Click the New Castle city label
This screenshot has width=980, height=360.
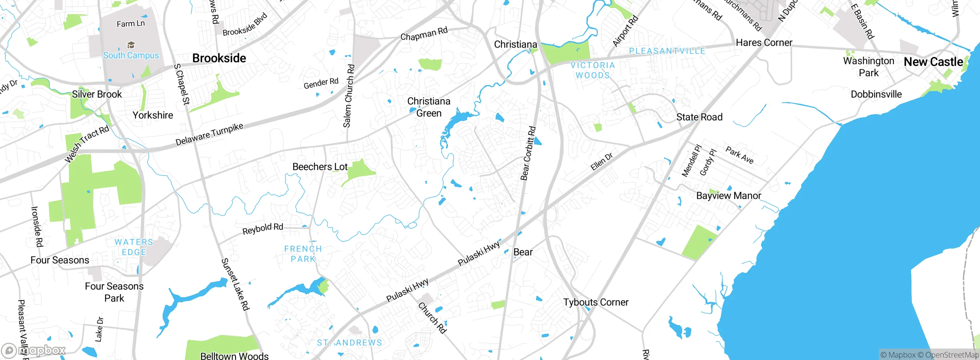(933, 62)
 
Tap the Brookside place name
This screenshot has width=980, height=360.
(219, 58)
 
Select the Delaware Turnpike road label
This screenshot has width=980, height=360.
(209, 134)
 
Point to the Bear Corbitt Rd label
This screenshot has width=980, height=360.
(528, 153)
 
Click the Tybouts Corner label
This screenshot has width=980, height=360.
(596, 302)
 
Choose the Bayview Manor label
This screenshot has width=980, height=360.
(728, 196)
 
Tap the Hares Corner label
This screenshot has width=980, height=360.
(764, 43)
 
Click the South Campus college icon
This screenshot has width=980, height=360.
(131, 45)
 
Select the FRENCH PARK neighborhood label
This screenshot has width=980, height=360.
(303, 254)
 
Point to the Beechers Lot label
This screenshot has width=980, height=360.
(320, 167)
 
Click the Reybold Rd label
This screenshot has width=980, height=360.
(263, 229)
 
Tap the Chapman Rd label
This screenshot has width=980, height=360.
(424, 34)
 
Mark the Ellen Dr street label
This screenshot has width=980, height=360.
(601, 161)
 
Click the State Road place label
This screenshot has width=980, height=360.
(699, 117)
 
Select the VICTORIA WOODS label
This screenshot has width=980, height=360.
(593, 70)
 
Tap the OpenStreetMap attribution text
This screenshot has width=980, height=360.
(952, 355)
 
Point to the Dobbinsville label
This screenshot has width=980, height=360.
(876, 94)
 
